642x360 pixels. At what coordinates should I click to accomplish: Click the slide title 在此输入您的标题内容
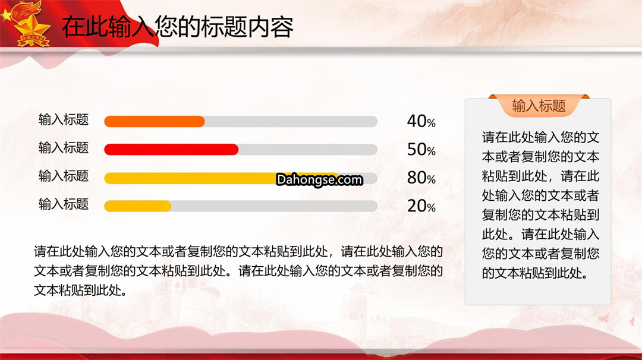click(178, 27)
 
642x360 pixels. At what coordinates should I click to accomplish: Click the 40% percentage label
click(421, 121)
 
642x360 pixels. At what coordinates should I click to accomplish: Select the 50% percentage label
click(421, 149)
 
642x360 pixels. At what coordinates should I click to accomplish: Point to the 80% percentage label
click(421, 178)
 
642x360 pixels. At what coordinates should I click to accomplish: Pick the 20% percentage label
click(421, 206)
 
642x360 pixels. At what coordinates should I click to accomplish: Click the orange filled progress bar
click(155, 122)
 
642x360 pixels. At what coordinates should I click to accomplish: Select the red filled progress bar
click(171, 150)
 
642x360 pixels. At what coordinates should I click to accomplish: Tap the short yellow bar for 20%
click(137, 206)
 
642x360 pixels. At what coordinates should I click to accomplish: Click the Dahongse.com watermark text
click(319, 179)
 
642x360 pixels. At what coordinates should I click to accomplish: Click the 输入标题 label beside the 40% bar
click(64, 119)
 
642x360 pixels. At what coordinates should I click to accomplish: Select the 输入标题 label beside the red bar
click(64, 148)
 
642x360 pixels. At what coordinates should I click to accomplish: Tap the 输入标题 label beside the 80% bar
click(64, 176)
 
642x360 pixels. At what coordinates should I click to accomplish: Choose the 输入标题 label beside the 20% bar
click(64, 204)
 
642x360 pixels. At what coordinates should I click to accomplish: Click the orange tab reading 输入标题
click(539, 106)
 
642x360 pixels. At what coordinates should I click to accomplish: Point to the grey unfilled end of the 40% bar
click(291, 122)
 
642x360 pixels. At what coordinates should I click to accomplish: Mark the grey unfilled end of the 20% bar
click(274, 206)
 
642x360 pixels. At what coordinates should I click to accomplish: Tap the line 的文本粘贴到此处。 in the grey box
click(535, 273)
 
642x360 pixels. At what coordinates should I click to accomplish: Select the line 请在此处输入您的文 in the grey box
click(540, 137)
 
